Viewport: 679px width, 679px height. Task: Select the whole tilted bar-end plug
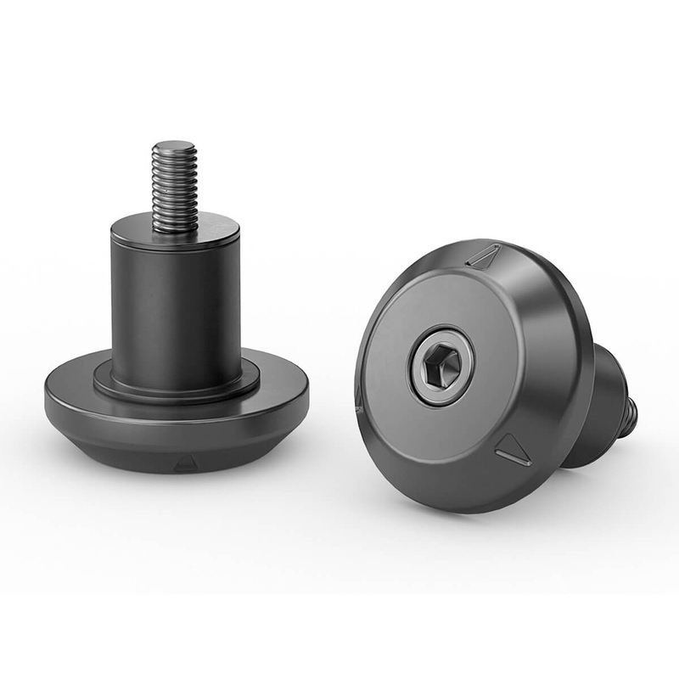coord(475,373)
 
